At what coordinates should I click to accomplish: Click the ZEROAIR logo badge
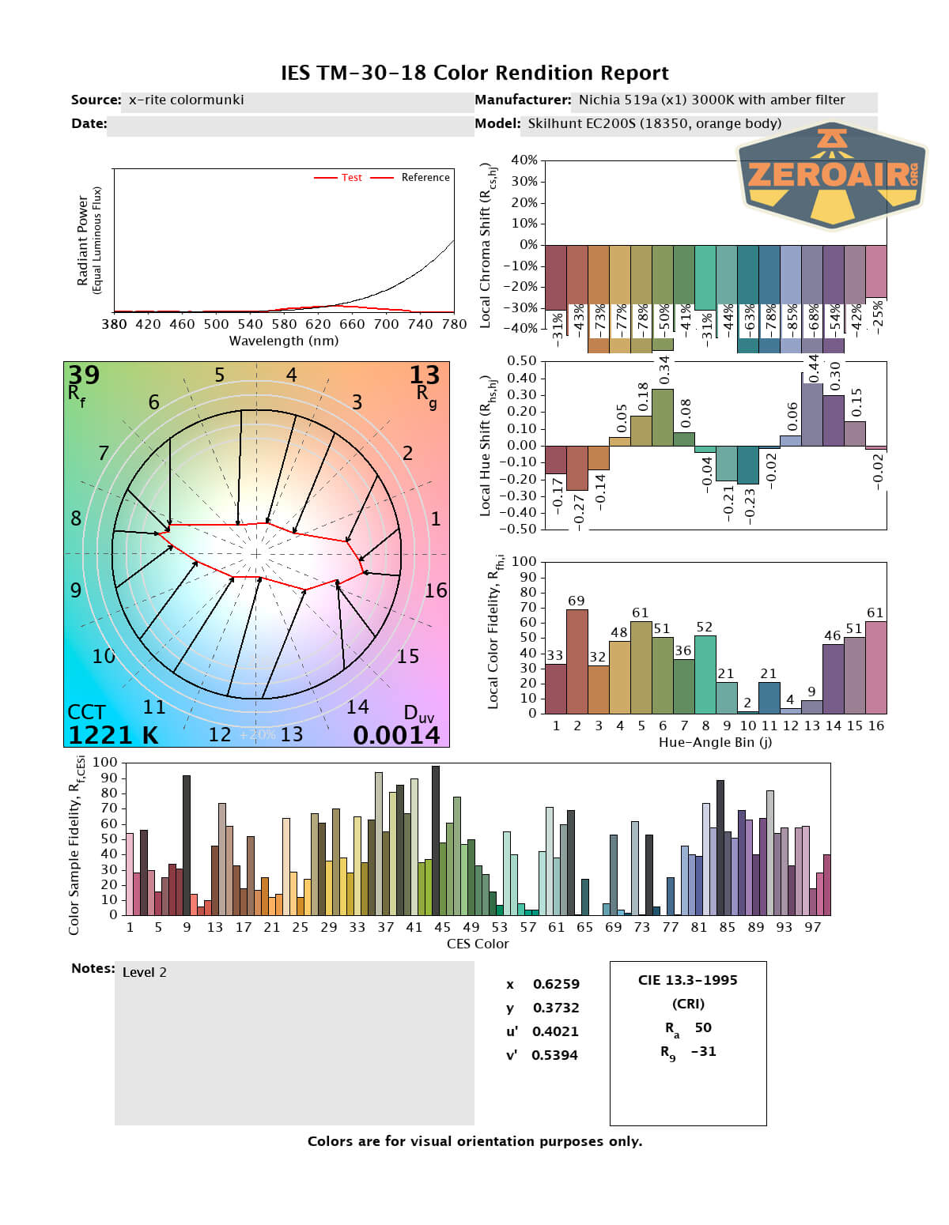tap(832, 175)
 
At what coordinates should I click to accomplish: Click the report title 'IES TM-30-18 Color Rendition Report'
tap(475, 73)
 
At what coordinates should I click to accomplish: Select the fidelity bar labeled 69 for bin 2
tap(577, 661)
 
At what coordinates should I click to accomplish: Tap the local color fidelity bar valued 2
tap(748, 711)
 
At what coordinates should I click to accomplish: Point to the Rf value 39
tap(83, 375)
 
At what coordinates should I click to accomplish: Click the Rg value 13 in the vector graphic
tap(424, 375)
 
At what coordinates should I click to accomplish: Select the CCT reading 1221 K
tap(112, 735)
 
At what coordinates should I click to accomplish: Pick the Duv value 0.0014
tap(396, 735)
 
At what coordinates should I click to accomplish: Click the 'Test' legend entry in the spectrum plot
tap(351, 178)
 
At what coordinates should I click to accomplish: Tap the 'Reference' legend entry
tap(425, 178)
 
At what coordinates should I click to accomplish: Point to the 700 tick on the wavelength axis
tap(386, 324)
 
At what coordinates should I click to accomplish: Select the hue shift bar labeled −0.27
tap(577, 468)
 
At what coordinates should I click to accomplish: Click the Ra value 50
tap(702, 1027)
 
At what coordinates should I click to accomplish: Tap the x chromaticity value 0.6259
tap(555, 984)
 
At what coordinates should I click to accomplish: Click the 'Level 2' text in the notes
tap(145, 972)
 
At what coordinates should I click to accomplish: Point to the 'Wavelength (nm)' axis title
tap(284, 341)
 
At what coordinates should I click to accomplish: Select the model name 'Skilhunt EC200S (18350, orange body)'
tap(654, 123)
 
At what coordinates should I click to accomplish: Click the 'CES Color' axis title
tap(478, 944)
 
